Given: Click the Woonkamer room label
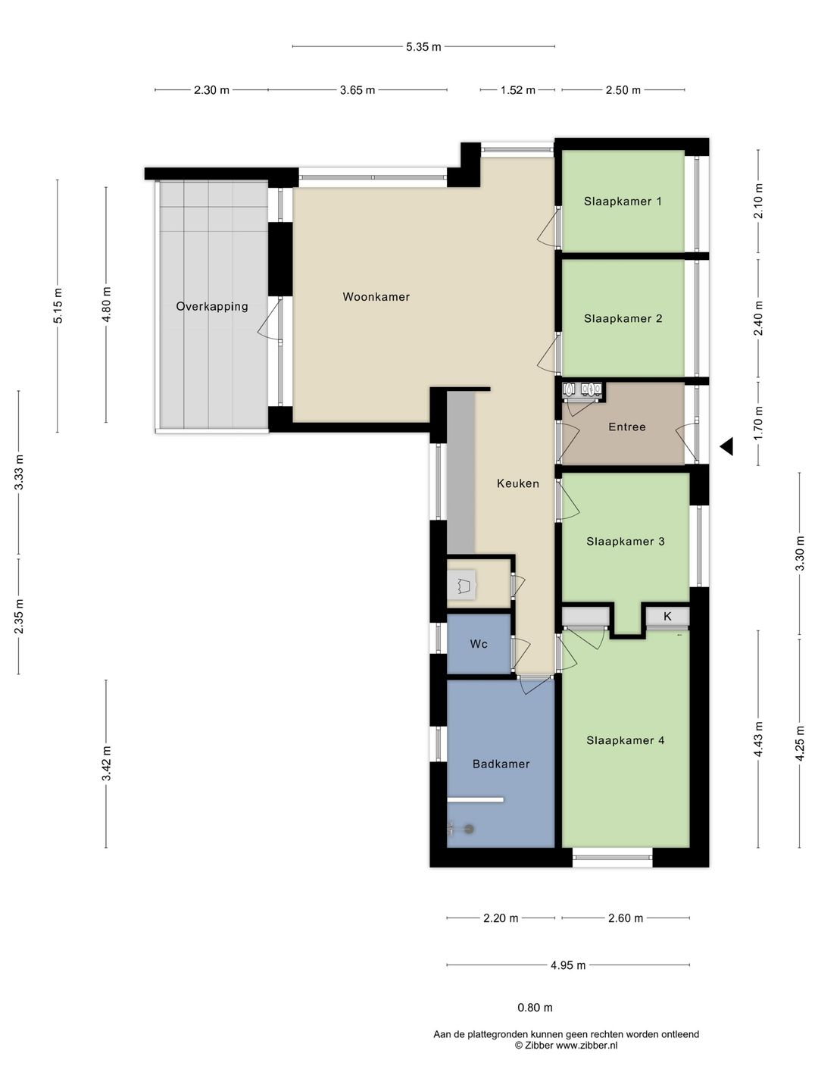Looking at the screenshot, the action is (x=376, y=297).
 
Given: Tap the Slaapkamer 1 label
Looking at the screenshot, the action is (x=623, y=202).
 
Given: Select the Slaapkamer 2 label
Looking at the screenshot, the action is (x=623, y=319).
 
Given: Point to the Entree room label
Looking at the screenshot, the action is (x=627, y=427).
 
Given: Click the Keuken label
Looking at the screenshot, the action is (x=517, y=483).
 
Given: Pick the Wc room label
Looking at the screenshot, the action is (x=478, y=644).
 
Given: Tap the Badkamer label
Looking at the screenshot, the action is (x=501, y=764).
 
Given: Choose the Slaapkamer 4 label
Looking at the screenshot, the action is (x=625, y=740).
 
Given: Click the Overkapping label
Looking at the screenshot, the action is (x=212, y=307).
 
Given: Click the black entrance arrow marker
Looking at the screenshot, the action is (x=728, y=445).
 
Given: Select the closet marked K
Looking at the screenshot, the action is (x=667, y=616).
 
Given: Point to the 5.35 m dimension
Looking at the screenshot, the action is (x=423, y=47).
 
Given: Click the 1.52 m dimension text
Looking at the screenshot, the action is (x=517, y=90).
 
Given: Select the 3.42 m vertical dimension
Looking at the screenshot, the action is (x=106, y=764).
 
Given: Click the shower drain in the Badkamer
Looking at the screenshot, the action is (x=468, y=829).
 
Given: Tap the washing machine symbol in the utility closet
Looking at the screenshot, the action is (x=462, y=584).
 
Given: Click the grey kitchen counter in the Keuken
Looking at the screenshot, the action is (x=461, y=472).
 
